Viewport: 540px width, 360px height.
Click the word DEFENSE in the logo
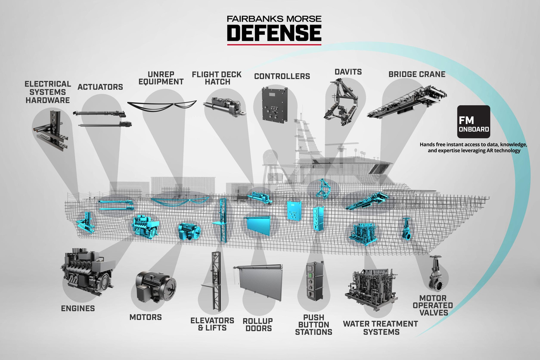pos(274,33)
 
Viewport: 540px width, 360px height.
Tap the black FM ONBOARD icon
pos(473,121)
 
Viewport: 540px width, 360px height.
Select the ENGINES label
pos(78,308)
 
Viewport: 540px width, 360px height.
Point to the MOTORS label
pos(146,317)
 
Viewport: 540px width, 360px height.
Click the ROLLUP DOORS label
pos(257,325)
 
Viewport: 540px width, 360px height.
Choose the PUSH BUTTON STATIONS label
pos(313,324)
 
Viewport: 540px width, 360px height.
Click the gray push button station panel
pos(314,280)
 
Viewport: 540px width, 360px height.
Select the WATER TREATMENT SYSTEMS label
pos(380,328)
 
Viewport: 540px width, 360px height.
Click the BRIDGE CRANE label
pos(417,74)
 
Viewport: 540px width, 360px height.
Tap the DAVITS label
pos(348,71)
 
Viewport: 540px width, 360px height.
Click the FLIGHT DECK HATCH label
pos(217,78)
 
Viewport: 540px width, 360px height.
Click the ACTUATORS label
pos(100,87)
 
